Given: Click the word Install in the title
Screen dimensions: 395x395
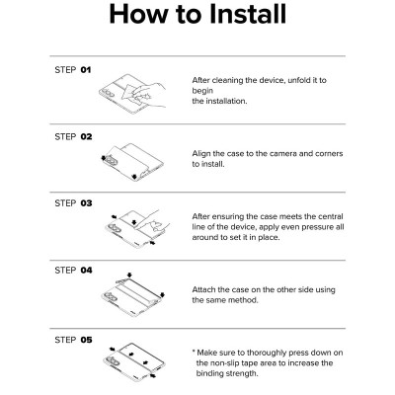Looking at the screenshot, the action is [248, 14].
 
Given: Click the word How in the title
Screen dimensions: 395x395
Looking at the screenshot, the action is [139, 14].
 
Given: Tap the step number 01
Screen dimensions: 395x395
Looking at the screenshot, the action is [86, 70].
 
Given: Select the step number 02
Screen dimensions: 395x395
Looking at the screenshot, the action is [86, 137].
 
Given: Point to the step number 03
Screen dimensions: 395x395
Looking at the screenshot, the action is [86, 203].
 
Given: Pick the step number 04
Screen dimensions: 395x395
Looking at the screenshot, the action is [86, 271].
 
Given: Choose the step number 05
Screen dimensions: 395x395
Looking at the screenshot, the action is [86, 340].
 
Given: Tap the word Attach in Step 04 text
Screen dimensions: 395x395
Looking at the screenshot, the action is [203, 290].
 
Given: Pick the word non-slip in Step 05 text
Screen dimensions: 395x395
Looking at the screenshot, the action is [227, 363].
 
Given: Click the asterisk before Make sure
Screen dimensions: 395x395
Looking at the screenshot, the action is [194, 352].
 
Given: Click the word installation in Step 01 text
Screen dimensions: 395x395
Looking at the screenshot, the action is [226, 101].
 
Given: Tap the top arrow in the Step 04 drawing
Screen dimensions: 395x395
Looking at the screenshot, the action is [129, 276].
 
